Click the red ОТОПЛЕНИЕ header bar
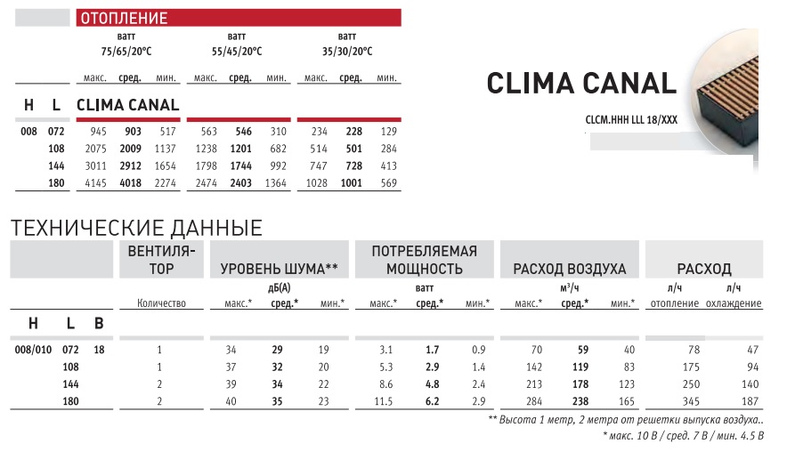(x=236, y=18)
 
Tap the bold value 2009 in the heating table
(x=131, y=149)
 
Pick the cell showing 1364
(x=275, y=183)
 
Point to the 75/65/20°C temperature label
(x=126, y=51)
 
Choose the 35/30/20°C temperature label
(x=347, y=51)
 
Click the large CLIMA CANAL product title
(x=582, y=84)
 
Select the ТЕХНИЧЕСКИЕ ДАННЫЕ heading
(x=135, y=228)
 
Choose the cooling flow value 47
(x=752, y=350)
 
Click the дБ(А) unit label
(x=280, y=288)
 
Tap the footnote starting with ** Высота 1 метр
(x=626, y=419)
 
